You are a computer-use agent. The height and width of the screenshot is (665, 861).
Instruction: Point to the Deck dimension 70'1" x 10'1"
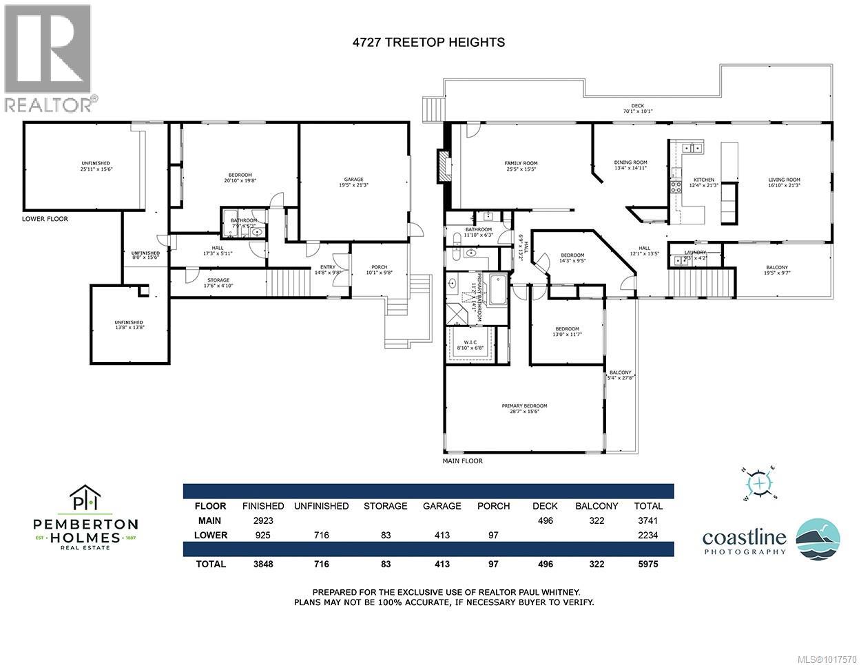click(637, 108)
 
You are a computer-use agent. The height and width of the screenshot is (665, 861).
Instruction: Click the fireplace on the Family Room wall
click(442, 165)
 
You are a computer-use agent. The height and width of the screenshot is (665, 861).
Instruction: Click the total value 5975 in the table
click(648, 564)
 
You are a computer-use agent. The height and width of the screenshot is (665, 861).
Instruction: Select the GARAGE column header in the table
click(442, 505)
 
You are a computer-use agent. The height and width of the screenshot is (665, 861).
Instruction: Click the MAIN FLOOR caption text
click(462, 461)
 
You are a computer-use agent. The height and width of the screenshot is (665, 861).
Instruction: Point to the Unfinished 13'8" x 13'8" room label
click(129, 325)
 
